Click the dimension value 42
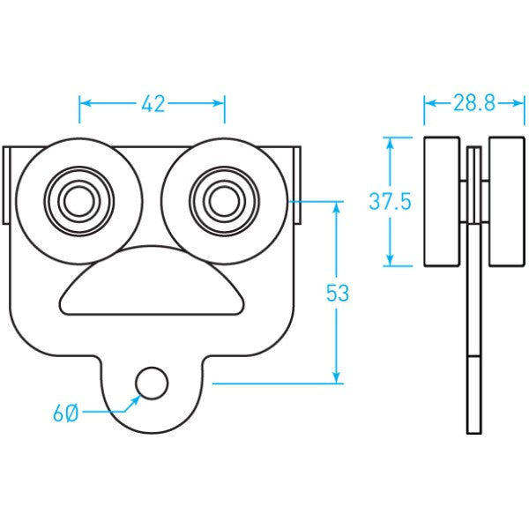point(153,104)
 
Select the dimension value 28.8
point(474,104)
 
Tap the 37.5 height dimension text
point(390,202)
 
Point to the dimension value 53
point(338,294)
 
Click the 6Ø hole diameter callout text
point(65,413)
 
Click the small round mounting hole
point(152,383)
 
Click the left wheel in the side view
point(442,202)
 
